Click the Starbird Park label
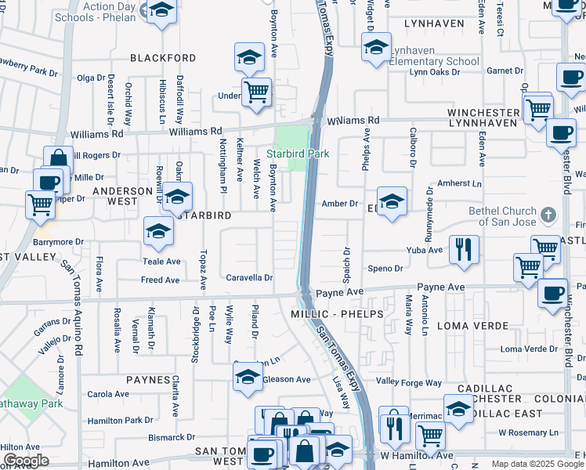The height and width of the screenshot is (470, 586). coord(297,154)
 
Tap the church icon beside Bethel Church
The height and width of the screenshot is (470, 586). coord(548,213)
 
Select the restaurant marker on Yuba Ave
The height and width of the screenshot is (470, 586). coord(464,250)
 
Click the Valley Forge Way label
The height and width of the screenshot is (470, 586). coord(409,382)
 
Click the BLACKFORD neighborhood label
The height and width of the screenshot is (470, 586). coord(163,58)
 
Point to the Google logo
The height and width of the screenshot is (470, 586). coord(26,461)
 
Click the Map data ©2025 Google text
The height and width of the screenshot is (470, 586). coord(537,464)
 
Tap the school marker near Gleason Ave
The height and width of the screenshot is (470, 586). coord(248,377)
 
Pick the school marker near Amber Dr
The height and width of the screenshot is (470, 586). coord(392,201)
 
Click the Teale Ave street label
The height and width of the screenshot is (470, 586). coord(161,262)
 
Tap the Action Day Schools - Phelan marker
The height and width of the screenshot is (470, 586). coord(161,11)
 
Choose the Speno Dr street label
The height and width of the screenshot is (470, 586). coord(385,268)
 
